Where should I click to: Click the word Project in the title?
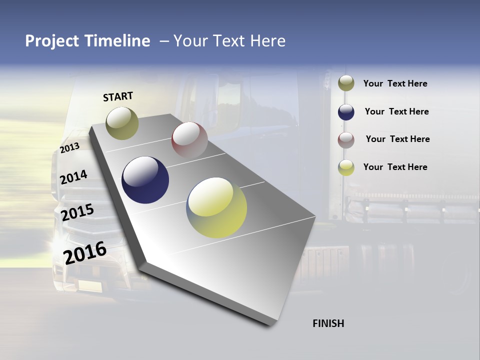52,41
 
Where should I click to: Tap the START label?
118,96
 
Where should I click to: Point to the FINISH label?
328,323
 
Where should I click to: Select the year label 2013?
70,148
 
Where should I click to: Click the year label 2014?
73,177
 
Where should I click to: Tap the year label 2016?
85,252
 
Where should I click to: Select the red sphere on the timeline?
189,140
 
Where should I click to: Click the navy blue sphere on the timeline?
145,180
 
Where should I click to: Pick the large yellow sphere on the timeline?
217,207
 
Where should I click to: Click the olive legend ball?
346,83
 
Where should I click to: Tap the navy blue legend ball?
346,111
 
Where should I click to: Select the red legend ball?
346,139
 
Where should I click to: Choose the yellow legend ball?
346,167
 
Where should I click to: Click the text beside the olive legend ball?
395,83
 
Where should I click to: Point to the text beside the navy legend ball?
397,111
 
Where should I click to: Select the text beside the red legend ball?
398,139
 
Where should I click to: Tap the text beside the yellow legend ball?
395,167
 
